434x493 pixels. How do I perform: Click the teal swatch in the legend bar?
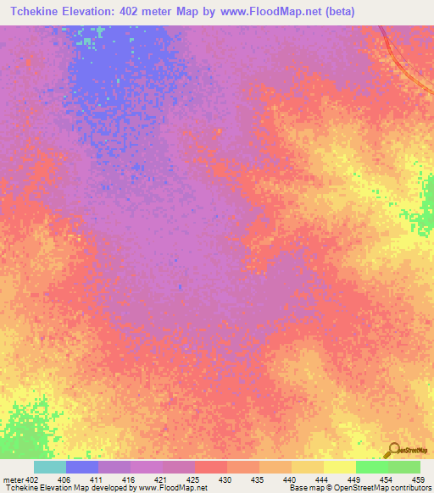tap(50, 467)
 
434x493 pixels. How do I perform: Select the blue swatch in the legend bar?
tap(82, 467)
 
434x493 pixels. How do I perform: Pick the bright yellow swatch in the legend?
tap(340, 467)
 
